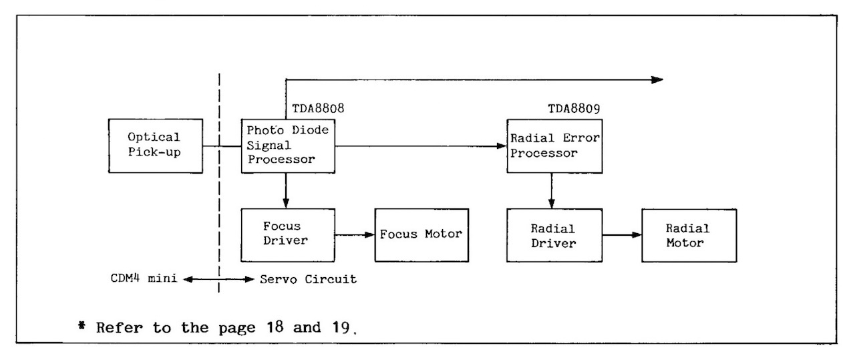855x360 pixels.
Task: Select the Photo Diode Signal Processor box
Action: click(x=289, y=146)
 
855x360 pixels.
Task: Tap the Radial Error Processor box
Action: click(x=554, y=146)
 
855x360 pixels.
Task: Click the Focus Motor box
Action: click(x=421, y=234)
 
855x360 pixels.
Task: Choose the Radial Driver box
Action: click(x=553, y=234)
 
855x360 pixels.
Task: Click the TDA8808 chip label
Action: click(x=318, y=108)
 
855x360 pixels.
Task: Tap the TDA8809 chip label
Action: click(x=573, y=108)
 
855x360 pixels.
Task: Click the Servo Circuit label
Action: click(x=308, y=279)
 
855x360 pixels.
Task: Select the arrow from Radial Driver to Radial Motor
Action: click(x=621, y=234)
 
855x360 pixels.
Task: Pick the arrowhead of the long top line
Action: click(x=658, y=79)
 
